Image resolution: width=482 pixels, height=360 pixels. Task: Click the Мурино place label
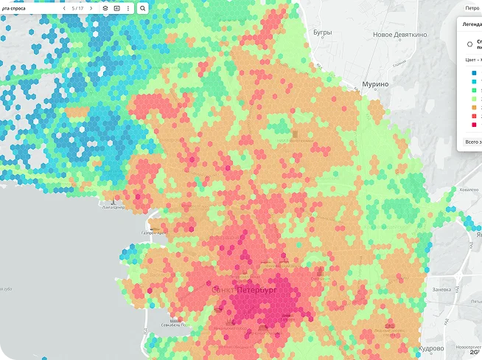(376, 84)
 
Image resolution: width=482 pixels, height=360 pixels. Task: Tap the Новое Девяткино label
(399, 35)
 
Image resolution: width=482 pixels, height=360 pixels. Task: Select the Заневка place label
(441, 289)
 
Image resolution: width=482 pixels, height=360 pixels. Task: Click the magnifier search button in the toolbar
(143, 8)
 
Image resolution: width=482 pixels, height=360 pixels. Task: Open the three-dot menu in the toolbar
(128, 8)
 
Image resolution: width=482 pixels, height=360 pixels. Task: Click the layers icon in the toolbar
(105, 8)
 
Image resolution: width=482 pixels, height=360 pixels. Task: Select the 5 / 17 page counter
(77, 8)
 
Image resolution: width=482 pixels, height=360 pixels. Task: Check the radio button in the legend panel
(470, 44)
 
